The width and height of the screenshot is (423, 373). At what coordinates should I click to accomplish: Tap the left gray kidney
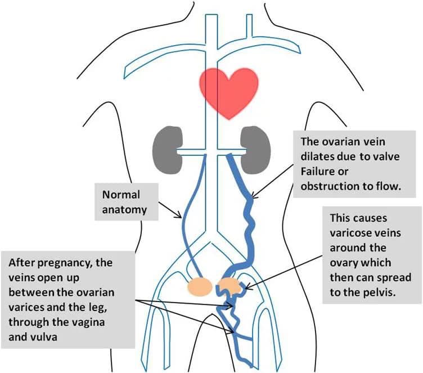pyautogui.click(x=164, y=146)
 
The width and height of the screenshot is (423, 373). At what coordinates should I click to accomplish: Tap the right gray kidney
pyautogui.click(x=254, y=145)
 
